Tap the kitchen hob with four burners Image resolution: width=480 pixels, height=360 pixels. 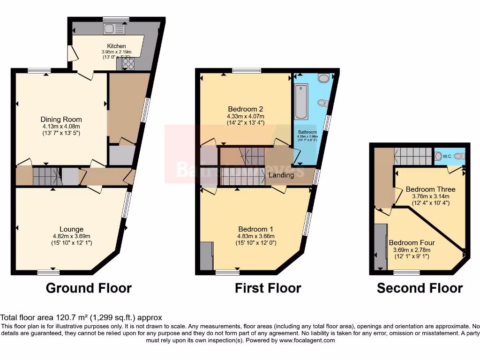[128, 64]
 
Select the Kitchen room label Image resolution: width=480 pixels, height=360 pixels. [116, 46]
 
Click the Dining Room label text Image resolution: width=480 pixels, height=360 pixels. [61, 119]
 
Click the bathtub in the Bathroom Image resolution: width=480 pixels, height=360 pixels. [300, 102]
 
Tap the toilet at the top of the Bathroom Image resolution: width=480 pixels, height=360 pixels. [323, 77]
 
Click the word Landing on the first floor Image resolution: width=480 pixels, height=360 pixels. [281, 175]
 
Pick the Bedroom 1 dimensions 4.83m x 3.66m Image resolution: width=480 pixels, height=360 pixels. [255, 236]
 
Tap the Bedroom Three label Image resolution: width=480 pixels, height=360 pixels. [430, 189]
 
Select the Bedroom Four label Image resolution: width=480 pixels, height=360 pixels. [412, 243]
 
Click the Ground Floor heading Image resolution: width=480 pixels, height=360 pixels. [89, 288]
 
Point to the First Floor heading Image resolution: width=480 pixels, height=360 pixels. [268, 288]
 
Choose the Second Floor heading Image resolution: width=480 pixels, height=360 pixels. [420, 288]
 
